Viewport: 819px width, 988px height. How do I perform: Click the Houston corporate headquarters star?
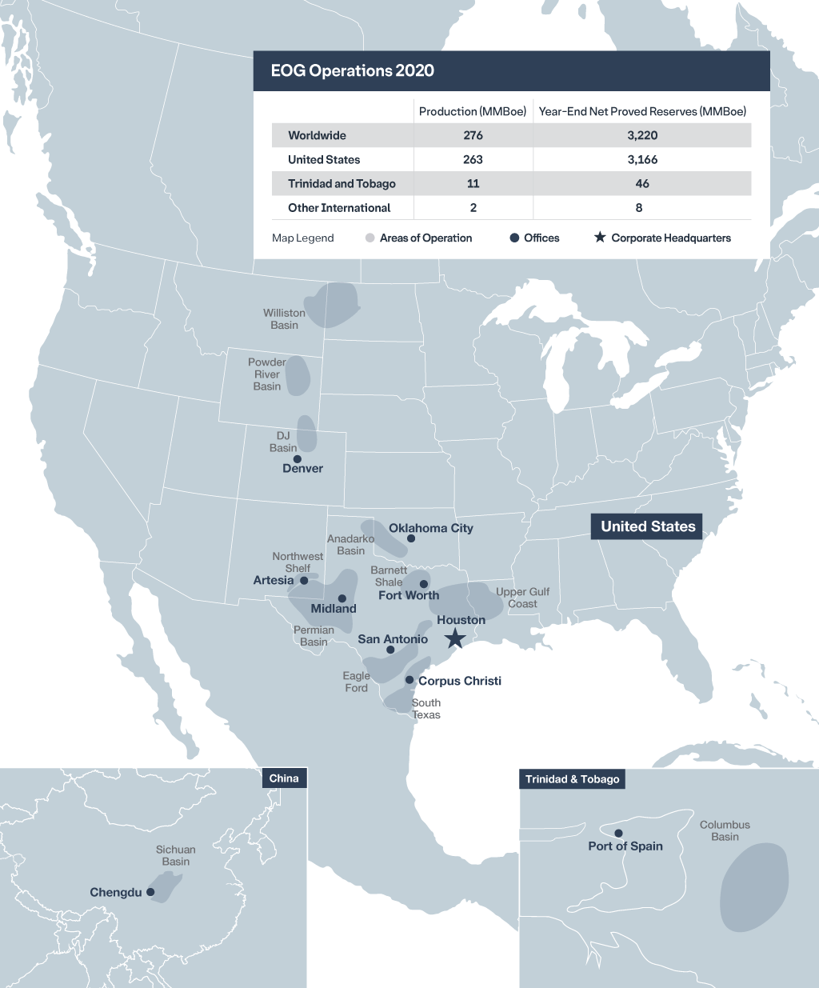(x=455, y=638)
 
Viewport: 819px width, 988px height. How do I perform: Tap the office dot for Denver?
(x=298, y=459)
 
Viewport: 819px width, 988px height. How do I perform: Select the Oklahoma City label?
(x=431, y=528)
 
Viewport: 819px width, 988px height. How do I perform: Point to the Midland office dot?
(x=342, y=598)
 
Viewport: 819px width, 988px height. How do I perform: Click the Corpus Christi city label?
(x=460, y=681)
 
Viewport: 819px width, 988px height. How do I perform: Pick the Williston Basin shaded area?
(x=332, y=304)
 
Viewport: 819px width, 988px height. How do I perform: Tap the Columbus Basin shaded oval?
(x=753, y=886)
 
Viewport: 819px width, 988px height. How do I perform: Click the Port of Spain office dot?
(x=618, y=834)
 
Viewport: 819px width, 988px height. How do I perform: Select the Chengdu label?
(x=116, y=892)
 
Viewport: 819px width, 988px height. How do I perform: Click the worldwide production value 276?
(x=473, y=135)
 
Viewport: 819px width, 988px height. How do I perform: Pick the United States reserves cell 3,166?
(x=642, y=159)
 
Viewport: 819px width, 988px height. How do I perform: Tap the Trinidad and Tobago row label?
(x=342, y=183)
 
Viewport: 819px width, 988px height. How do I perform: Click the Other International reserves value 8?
(x=639, y=207)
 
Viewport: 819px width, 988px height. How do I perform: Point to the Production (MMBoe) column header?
(x=473, y=111)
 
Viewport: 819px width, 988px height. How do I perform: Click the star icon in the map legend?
(x=600, y=238)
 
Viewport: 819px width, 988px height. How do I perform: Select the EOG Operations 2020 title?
(x=353, y=70)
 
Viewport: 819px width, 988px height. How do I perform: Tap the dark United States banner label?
(x=648, y=526)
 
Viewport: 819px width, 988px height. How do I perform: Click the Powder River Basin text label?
(x=267, y=374)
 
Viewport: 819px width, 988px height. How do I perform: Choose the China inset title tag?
(x=284, y=778)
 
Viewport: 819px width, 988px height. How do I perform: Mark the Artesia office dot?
(x=304, y=581)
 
